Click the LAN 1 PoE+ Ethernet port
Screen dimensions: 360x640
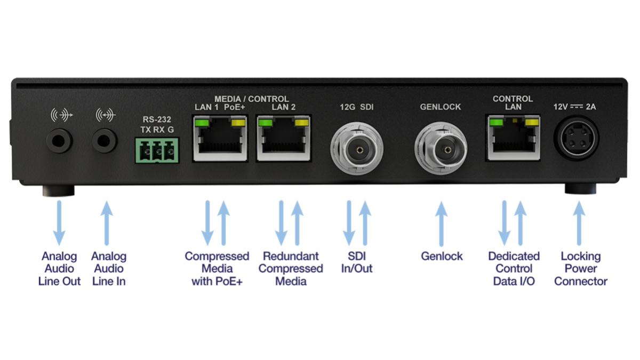[220, 139]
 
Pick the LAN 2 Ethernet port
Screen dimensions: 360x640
[284, 139]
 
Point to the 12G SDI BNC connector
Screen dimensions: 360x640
[356, 147]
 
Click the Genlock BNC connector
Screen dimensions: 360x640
[441, 147]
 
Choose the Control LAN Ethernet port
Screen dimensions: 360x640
[513, 139]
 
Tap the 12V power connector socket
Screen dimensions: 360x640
[578, 140]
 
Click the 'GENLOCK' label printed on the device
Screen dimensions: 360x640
[441, 107]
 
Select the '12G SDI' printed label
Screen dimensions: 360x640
[357, 107]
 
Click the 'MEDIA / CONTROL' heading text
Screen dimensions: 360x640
[251, 99]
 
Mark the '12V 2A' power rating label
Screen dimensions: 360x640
[574, 107]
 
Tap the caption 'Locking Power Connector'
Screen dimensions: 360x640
[580, 269]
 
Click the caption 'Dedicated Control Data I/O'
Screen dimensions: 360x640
[514, 269]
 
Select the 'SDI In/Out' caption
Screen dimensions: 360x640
[357, 262]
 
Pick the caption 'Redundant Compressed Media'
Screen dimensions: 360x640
[291, 269]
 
